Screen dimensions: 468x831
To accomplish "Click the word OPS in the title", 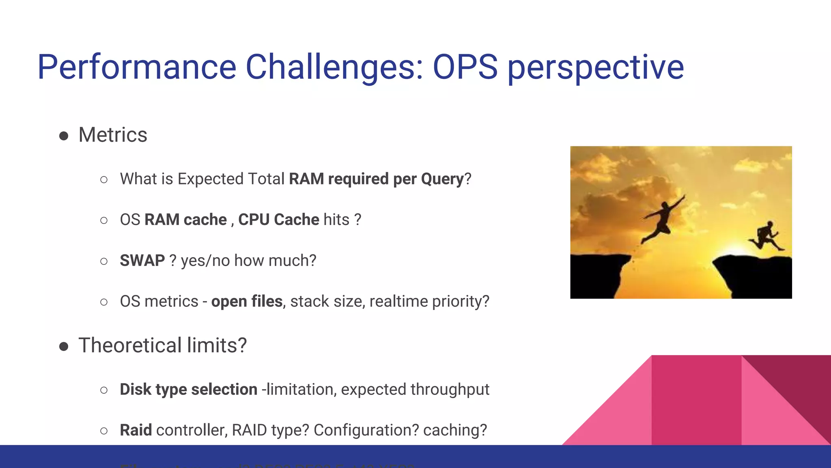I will click(x=465, y=67).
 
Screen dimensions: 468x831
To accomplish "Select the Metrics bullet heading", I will click(x=113, y=135).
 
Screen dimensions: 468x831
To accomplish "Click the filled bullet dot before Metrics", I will click(x=64, y=136).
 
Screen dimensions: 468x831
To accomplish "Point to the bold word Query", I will click(x=442, y=179).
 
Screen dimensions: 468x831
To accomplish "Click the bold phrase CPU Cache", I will click(x=279, y=220).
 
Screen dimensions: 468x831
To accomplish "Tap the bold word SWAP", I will click(x=142, y=260).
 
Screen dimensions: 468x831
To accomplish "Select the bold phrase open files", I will click(x=247, y=301).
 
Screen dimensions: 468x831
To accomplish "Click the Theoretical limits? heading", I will click(x=162, y=346).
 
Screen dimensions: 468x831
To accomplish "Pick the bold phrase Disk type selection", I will click(x=188, y=389).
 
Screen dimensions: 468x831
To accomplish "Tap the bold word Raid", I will click(x=136, y=430).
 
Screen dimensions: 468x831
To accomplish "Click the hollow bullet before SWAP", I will click(x=104, y=261).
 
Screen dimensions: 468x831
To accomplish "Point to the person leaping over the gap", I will click(x=663, y=219).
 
